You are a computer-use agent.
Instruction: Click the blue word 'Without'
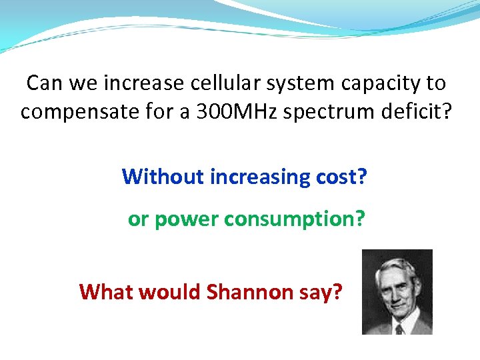point(163,177)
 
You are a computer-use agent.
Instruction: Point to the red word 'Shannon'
point(250,292)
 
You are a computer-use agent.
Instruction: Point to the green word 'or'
point(138,219)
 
